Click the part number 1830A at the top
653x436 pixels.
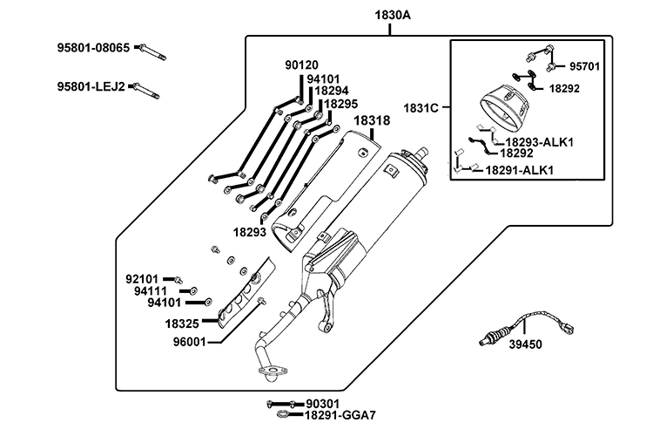click(393, 16)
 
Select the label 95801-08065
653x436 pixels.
click(93, 48)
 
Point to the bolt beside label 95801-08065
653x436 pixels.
click(152, 51)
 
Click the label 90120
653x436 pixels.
click(301, 65)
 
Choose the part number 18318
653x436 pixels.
click(372, 120)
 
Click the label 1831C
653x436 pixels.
click(421, 108)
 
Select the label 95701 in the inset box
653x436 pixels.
click(585, 66)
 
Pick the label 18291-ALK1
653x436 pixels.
click(520, 170)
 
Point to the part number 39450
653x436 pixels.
click(526, 344)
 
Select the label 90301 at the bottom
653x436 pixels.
click(323, 404)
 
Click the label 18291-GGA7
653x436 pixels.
click(340, 415)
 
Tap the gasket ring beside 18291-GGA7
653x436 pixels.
click(283, 414)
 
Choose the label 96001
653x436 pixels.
click(190, 342)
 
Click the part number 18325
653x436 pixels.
click(182, 324)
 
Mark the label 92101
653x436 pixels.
click(142, 279)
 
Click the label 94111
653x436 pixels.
click(151, 290)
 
